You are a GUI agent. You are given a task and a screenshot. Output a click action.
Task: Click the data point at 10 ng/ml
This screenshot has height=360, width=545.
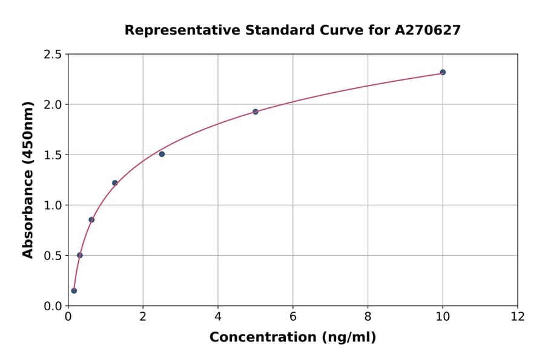pyautogui.click(x=443, y=72)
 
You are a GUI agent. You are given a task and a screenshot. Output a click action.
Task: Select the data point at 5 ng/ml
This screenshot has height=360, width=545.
pyautogui.click(x=256, y=112)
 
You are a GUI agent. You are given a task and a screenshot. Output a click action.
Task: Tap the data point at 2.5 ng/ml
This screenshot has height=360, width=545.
pyautogui.click(x=162, y=154)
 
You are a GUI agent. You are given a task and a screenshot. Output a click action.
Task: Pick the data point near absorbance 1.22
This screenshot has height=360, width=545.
pyautogui.click(x=115, y=183)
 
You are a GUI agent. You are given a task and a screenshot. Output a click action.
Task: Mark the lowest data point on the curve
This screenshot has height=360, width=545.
pyautogui.click(x=74, y=291)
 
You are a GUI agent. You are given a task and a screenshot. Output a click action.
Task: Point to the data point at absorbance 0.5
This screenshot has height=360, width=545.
pyautogui.click(x=80, y=255)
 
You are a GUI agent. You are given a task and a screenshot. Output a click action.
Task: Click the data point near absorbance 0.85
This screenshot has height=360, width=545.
pyautogui.click(x=91, y=220)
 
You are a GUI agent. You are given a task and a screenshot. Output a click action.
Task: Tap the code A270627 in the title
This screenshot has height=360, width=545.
pyautogui.click(x=428, y=30)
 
